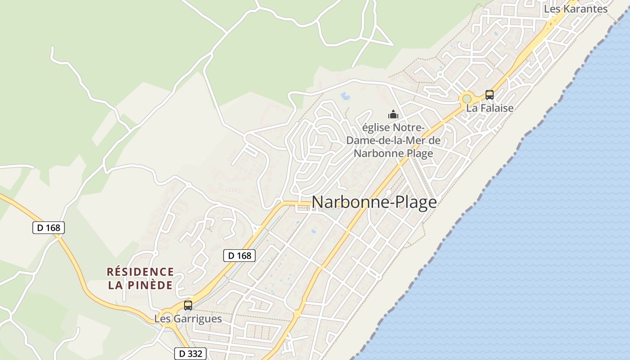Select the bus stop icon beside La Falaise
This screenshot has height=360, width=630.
point(489,95)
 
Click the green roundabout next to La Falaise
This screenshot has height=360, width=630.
point(467,99)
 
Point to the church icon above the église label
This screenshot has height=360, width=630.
point(393,114)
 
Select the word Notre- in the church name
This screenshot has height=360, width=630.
point(409,128)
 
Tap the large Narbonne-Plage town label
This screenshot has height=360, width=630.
point(374,202)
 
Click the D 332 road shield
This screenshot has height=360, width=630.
point(190,354)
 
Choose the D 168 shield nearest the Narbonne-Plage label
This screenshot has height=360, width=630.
point(239,256)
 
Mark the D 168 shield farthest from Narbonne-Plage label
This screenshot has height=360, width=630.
point(49,228)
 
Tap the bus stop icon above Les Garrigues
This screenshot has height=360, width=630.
point(188,306)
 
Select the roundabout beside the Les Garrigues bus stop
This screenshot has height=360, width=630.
point(168,316)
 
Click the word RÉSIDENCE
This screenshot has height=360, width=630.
point(140,272)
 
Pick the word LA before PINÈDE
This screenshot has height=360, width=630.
point(116,285)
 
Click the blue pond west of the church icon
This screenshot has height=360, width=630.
point(345,96)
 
